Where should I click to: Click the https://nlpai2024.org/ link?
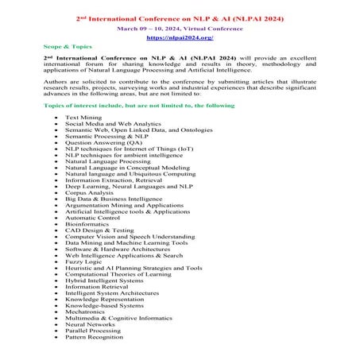(x=180, y=37)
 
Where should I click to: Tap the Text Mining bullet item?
(x=83, y=117)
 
